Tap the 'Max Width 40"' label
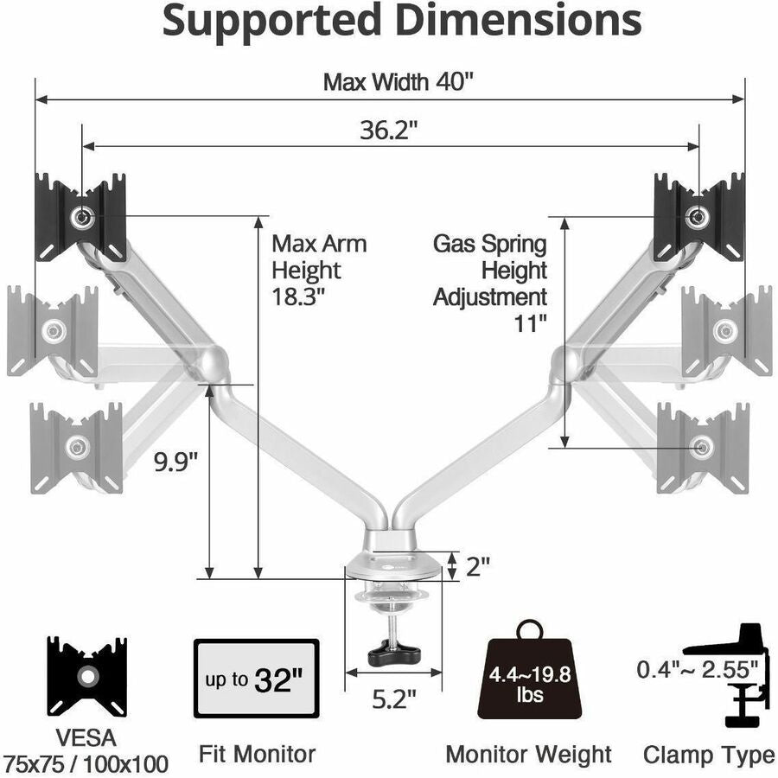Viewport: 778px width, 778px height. pyautogui.click(x=399, y=82)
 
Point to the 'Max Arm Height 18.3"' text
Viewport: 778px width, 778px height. pyautogui.click(x=318, y=270)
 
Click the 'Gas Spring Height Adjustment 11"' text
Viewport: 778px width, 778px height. pyautogui.click(x=490, y=284)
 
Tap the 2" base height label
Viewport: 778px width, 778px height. pyautogui.click(x=478, y=566)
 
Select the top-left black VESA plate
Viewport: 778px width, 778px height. pyautogui.click(x=81, y=218)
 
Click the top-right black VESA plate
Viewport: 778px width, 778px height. pyautogui.click(x=698, y=216)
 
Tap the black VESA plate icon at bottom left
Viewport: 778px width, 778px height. pyautogui.click(x=86, y=677)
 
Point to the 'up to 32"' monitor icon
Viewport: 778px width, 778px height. pyautogui.click(x=258, y=679)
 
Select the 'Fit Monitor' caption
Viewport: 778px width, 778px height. pyautogui.click(x=258, y=754)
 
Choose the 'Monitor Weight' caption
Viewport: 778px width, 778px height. pyautogui.click(x=528, y=754)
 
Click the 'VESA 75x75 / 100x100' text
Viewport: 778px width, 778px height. pyautogui.click(x=86, y=751)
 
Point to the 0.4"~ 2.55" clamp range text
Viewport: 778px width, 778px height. pyautogui.click(x=698, y=668)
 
